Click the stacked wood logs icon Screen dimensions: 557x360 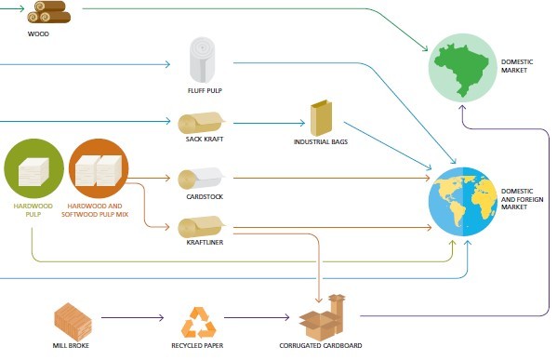pos(49,12)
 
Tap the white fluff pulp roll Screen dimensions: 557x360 pos(202,60)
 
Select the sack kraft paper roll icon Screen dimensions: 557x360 pos(202,123)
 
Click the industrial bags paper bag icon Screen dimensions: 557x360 pos(322,117)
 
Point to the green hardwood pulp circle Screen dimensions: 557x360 pos(33,168)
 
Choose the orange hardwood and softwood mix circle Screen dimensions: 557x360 pos(99,168)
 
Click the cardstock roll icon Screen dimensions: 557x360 pos(202,179)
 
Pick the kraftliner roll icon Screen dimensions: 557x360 pos(202,227)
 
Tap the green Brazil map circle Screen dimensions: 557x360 pos(462,68)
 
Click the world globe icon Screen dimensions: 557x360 pos(462,202)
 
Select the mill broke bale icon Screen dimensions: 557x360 pos(73,322)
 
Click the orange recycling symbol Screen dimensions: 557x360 pos(198,323)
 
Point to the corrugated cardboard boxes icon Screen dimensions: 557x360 pos(322,317)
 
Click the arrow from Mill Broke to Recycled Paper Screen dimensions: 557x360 pos(132,317)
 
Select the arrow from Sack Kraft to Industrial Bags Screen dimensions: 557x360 pos(269,124)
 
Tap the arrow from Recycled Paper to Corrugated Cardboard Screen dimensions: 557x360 pos(257,317)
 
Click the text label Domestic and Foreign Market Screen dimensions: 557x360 pos(522,199)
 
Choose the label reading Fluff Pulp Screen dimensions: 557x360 pos(205,90)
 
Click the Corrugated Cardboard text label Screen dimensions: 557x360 pos(321,345)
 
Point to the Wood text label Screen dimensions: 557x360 pos(38,34)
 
